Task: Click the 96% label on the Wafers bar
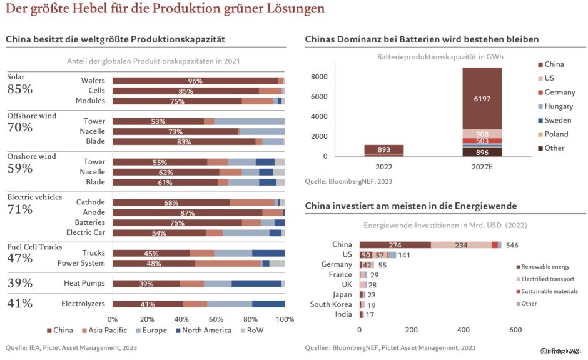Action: pos(195,81)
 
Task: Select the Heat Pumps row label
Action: pos(84,284)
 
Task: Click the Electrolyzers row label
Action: pos(83,304)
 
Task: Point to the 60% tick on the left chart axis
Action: pos(216,319)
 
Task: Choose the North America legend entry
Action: pos(204,330)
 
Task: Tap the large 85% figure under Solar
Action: pos(19,89)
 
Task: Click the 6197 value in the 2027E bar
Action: pos(482,99)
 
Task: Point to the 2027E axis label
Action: pos(482,167)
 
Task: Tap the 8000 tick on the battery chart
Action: pos(320,76)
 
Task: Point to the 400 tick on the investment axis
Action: pos(464,329)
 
